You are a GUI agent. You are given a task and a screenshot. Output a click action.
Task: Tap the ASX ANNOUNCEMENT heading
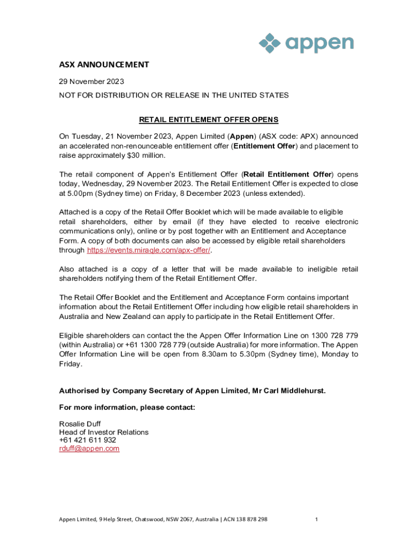(103, 65)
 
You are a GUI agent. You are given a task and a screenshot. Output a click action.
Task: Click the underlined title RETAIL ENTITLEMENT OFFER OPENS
(209, 119)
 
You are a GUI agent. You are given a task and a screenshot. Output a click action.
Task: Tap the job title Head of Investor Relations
(104, 432)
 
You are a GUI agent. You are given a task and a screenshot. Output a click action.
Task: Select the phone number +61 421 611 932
(87, 440)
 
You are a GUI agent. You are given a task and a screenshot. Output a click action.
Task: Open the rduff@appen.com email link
(89, 448)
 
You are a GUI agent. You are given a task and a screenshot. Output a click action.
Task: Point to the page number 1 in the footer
(317, 520)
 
